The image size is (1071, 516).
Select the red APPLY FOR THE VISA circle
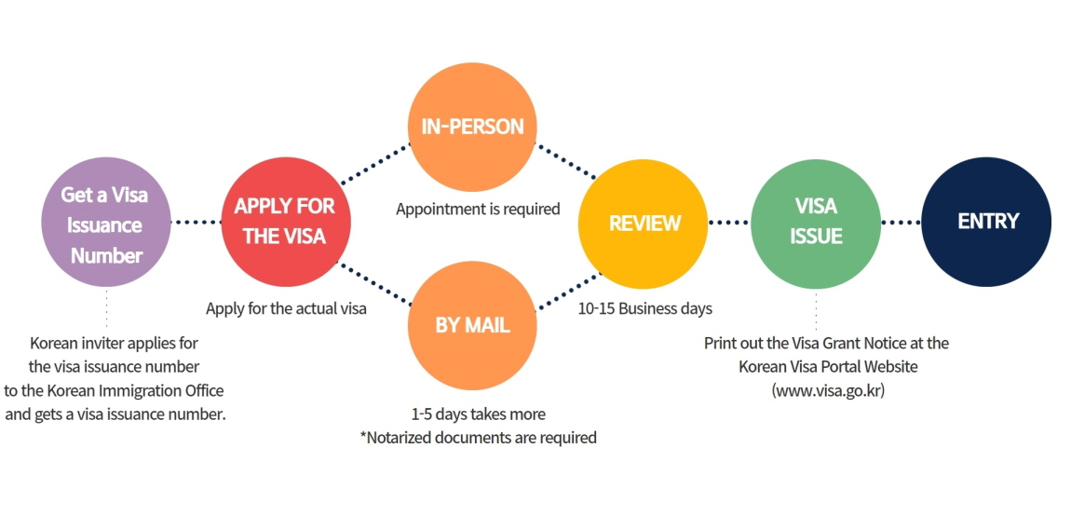286,221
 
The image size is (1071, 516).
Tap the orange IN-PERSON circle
473,127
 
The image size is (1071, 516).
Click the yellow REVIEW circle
644,224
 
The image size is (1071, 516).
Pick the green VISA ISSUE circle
816,222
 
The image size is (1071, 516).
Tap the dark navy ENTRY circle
987,222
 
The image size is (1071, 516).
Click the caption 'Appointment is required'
478,209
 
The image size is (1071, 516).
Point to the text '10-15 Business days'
644,308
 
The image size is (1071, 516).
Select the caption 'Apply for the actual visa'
286,308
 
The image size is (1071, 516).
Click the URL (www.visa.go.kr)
827,391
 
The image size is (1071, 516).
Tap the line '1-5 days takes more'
478,414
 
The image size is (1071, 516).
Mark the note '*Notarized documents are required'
478,437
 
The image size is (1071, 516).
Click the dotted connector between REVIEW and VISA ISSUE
729,223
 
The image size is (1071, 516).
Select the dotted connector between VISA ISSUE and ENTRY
902,223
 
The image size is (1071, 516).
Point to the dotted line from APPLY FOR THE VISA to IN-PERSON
375,163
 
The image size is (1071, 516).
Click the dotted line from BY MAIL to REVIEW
565,288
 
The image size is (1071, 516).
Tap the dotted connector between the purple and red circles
197,223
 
